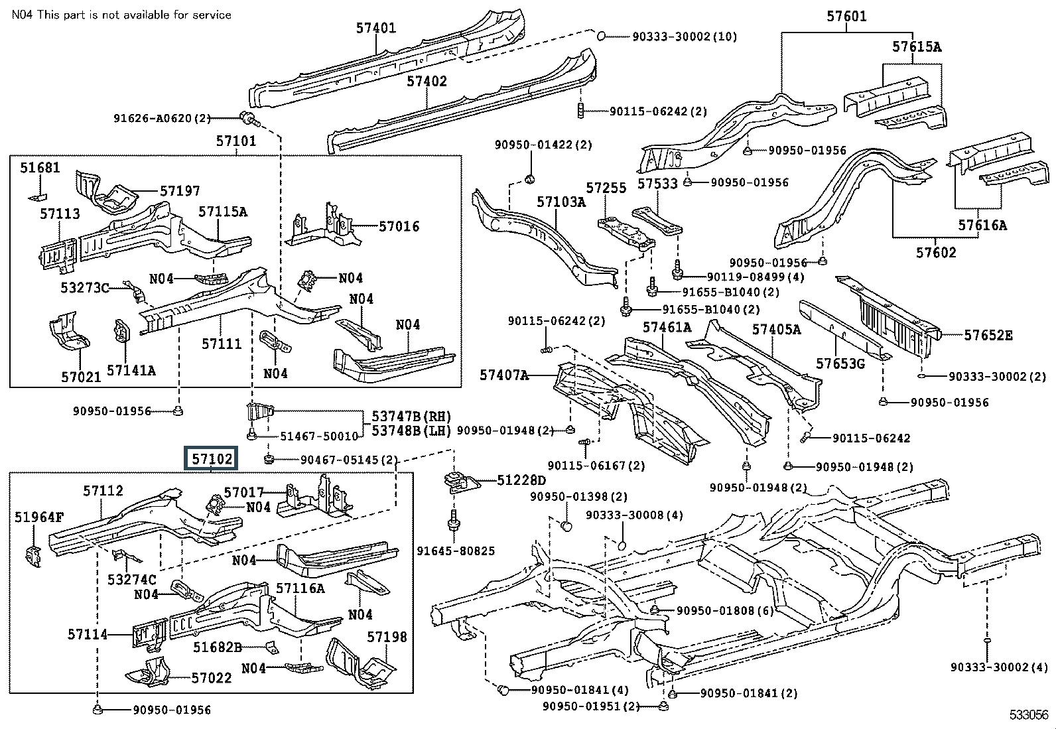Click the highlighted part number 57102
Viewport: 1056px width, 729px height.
pyautogui.click(x=211, y=458)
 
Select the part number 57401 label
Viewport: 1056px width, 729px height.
pyautogui.click(x=375, y=28)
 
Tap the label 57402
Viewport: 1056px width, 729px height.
pyautogui.click(x=427, y=81)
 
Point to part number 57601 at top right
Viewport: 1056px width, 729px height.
pyautogui.click(x=846, y=17)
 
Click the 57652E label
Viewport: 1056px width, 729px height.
pyautogui.click(x=988, y=335)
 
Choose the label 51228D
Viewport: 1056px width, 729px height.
pyautogui.click(x=521, y=480)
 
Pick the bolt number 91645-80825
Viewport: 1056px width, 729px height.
pyautogui.click(x=456, y=551)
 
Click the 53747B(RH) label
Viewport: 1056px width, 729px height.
pyautogui.click(x=411, y=417)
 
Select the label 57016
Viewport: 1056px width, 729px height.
pyautogui.click(x=399, y=226)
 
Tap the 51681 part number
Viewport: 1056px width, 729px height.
pyautogui.click(x=40, y=168)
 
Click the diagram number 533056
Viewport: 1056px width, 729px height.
pyautogui.click(x=1029, y=715)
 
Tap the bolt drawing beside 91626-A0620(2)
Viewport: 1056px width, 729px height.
pyautogui.click(x=249, y=119)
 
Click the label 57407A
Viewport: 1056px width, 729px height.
pyautogui.click(x=504, y=376)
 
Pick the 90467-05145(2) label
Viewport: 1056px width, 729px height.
pyautogui.click(x=349, y=459)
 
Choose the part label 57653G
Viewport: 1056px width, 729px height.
pyautogui.click(x=840, y=364)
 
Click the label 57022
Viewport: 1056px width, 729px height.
pyautogui.click(x=212, y=677)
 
